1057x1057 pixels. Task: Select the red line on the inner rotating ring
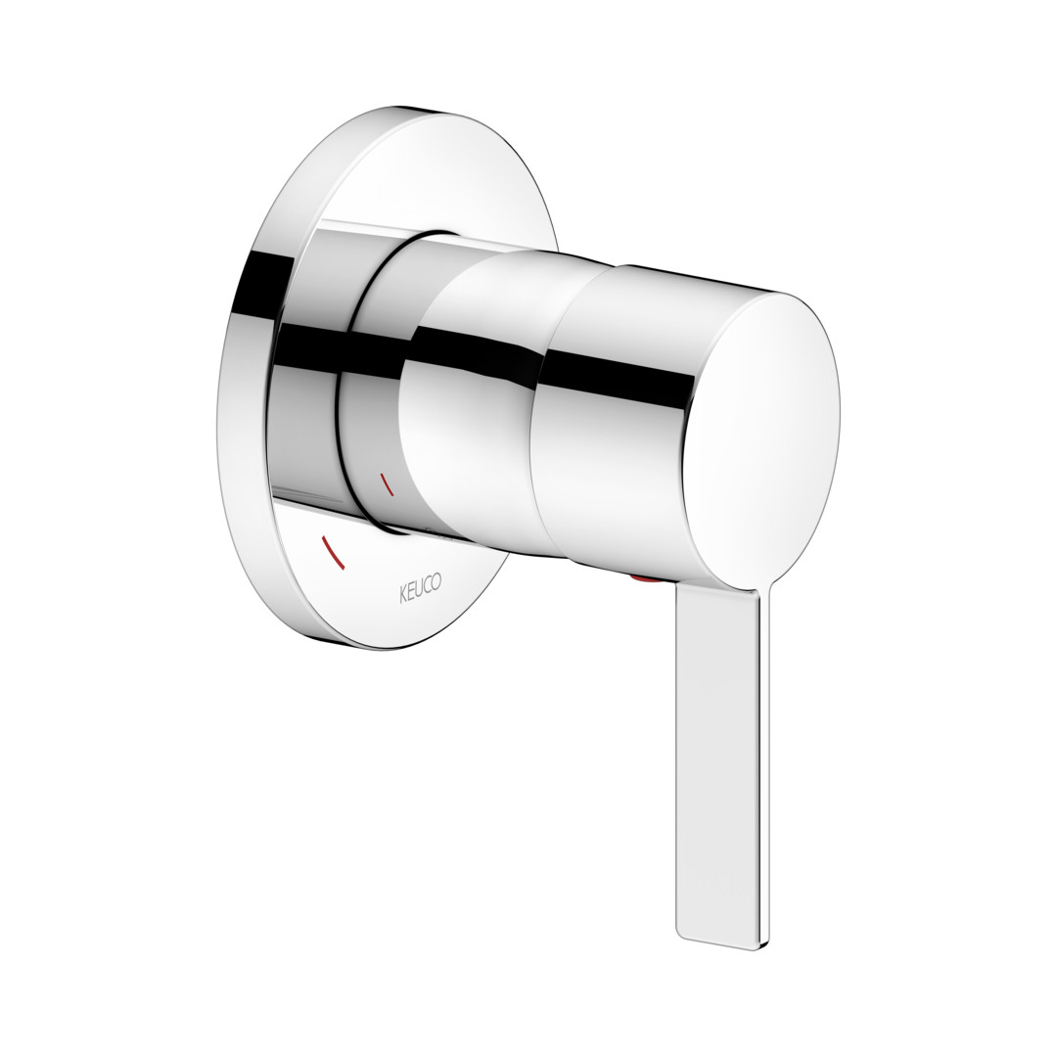pos(387,483)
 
